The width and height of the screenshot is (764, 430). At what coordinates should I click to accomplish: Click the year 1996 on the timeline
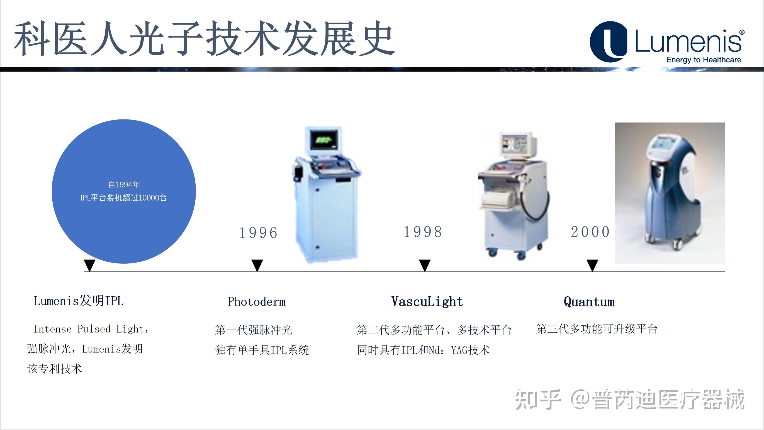coord(258,232)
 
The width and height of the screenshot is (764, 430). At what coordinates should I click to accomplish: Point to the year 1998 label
coord(423,232)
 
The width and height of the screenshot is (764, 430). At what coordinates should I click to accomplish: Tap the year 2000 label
coord(590,232)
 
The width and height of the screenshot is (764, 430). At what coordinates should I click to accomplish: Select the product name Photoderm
coord(257,302)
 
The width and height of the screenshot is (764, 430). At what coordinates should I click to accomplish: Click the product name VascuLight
coord(427,301)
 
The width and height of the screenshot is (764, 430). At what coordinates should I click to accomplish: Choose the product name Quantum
coord(589,302)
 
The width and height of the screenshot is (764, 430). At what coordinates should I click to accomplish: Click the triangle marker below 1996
coord(257,265)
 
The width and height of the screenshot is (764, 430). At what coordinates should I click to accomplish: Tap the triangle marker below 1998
coord(425,265)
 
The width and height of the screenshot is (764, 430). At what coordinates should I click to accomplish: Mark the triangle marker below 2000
coord(592,265)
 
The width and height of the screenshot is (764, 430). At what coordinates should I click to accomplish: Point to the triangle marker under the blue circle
coord(89,265)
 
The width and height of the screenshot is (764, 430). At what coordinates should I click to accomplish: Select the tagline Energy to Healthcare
coord(704,60)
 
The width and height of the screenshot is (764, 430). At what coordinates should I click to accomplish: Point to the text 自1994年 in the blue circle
coord(124,184)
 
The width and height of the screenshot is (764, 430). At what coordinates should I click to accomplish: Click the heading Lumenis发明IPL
coord(79,301)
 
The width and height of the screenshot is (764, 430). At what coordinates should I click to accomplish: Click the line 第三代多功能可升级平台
coord(597,329)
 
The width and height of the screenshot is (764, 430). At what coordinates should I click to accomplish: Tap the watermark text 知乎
coord(537,399)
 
